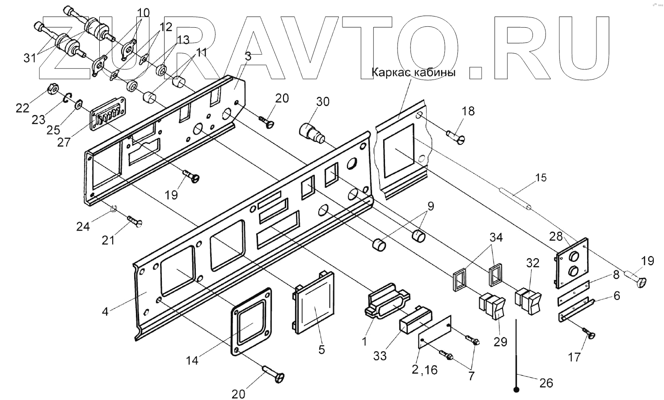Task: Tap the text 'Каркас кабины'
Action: tap(414, 72)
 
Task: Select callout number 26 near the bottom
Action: tap(546, 383)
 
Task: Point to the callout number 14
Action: tap(192, 360)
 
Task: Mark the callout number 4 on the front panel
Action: tap(105, 311)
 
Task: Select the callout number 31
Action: tap(30, 58)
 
